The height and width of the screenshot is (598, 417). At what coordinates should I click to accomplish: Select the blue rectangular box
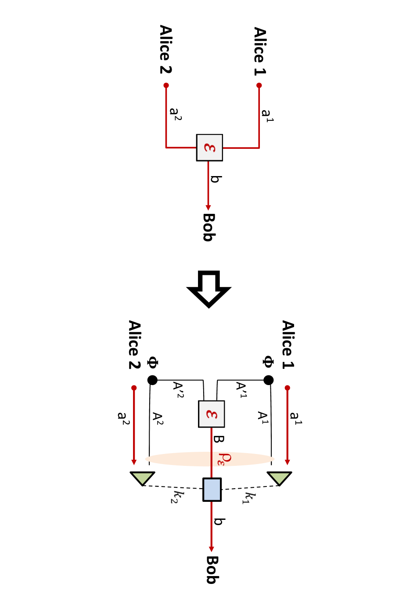tap(212, 490)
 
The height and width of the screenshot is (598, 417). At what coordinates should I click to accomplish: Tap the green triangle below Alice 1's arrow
tap(279, 478)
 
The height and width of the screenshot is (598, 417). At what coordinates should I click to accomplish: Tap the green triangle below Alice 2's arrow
tap(142, 478)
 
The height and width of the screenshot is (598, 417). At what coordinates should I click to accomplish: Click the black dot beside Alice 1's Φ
tap(268, 380)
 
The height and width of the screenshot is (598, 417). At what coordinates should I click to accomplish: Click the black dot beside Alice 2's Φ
tap(152, 380)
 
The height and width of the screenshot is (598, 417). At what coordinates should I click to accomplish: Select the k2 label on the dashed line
tap(177, 497)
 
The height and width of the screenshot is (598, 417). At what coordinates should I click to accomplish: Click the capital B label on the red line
tap(219, 439)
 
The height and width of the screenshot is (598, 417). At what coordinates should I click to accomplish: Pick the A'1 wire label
tap(241, 389)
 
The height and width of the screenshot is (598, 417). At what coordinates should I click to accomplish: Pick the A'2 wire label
tap(178, 389)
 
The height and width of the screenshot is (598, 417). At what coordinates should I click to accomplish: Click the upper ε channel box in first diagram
tap(209, 148)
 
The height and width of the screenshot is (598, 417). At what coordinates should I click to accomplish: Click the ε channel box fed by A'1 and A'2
tap(211, 414)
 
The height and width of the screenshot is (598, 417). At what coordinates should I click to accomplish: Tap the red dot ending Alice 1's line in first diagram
tap(259, 85)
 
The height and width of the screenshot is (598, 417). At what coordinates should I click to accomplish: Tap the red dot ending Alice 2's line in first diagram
tap(166, 85)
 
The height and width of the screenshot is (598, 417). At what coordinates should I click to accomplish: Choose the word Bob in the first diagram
tap(209, 227)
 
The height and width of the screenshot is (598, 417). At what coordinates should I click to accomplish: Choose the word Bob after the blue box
tap(213, 570)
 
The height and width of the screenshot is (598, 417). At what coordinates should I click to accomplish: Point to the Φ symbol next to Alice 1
tap(268, 362)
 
